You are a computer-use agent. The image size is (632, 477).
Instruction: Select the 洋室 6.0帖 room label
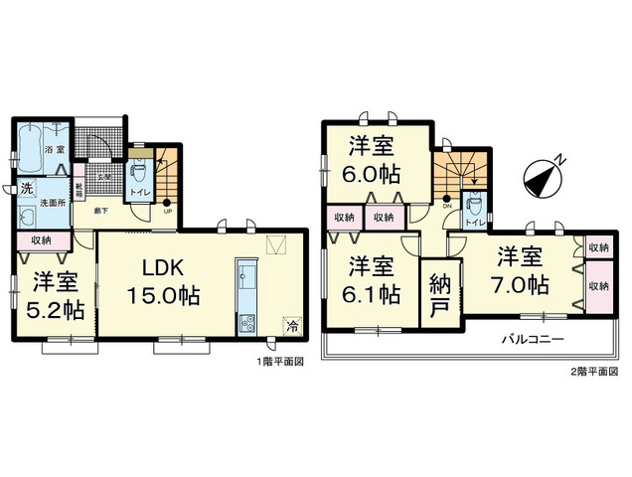pyautogui.click(x=374, y=160)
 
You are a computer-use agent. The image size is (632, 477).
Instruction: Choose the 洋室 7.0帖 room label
pyautogui.click(x=523, y=270)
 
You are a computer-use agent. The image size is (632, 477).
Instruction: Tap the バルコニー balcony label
pyautogui.click(x=532, y=339)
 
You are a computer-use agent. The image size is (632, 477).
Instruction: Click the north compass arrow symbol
pyautogui.click(x=543, y=176)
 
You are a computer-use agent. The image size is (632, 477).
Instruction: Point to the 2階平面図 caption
pyautogui.click(x=593, y=371)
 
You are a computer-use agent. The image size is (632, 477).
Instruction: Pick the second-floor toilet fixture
pyautogui.click(x=475, y=207)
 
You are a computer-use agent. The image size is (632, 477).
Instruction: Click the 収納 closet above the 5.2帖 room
pyautogui.click(x=42, y=240)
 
